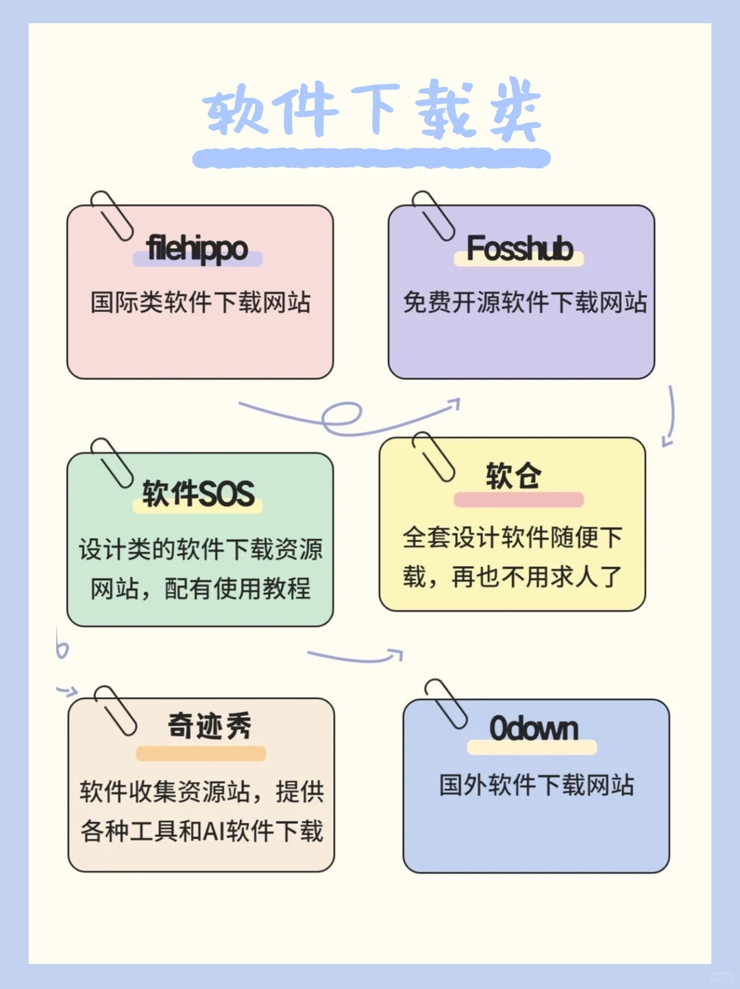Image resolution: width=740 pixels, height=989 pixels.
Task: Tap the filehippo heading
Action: (197, 248)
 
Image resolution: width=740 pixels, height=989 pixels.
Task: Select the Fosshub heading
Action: (519, 248)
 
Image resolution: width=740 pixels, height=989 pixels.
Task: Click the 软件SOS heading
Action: (198, 493)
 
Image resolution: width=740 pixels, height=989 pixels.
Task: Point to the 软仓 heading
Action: (514, 476)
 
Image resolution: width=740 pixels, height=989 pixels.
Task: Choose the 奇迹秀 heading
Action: (210, 726)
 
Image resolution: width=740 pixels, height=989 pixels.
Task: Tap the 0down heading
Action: (534, 729)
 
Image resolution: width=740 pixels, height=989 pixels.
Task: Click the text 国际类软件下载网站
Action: (200, 302)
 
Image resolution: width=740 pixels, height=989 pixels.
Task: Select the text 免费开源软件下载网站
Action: (525, 302)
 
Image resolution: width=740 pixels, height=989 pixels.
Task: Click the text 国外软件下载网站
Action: (536, 785)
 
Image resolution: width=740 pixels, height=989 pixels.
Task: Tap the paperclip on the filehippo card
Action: (112, 215)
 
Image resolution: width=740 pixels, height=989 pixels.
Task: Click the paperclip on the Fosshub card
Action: (433, 215)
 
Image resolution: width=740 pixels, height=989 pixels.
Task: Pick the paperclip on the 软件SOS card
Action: (112, 462)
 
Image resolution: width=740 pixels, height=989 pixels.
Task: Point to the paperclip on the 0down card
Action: (446, 703)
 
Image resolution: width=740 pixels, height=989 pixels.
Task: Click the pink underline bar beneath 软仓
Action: (519, 500)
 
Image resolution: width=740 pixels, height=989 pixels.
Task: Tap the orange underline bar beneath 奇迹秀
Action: (201, 753)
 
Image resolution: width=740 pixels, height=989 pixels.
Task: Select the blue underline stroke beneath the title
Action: (371, 159)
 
